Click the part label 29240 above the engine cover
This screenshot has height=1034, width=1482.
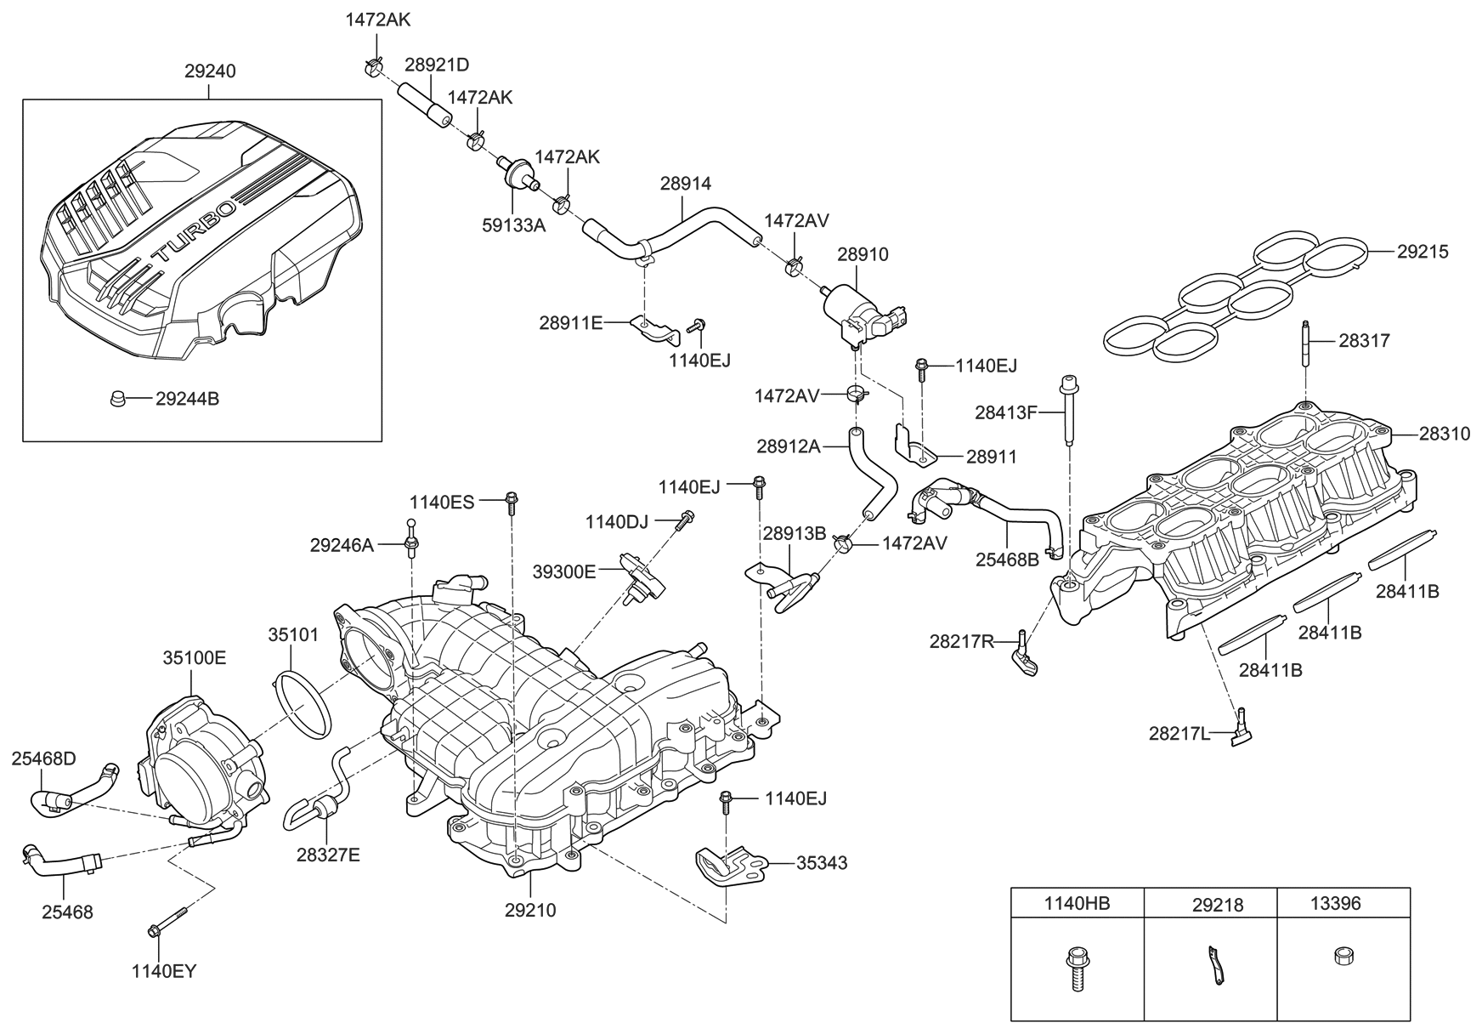pos(210,72)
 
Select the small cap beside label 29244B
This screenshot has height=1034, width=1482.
pos(119,398)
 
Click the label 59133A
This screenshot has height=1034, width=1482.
pos(514,226)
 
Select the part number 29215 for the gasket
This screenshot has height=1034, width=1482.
pos(1423,252)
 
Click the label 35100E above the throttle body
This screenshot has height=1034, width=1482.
pos(195,658)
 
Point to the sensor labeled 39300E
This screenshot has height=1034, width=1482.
pos(643,577)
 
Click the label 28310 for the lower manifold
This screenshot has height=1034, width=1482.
pos(1444,434)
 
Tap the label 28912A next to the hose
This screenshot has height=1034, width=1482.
pos(789,446)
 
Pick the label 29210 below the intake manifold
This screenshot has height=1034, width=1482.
pos(530,911)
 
